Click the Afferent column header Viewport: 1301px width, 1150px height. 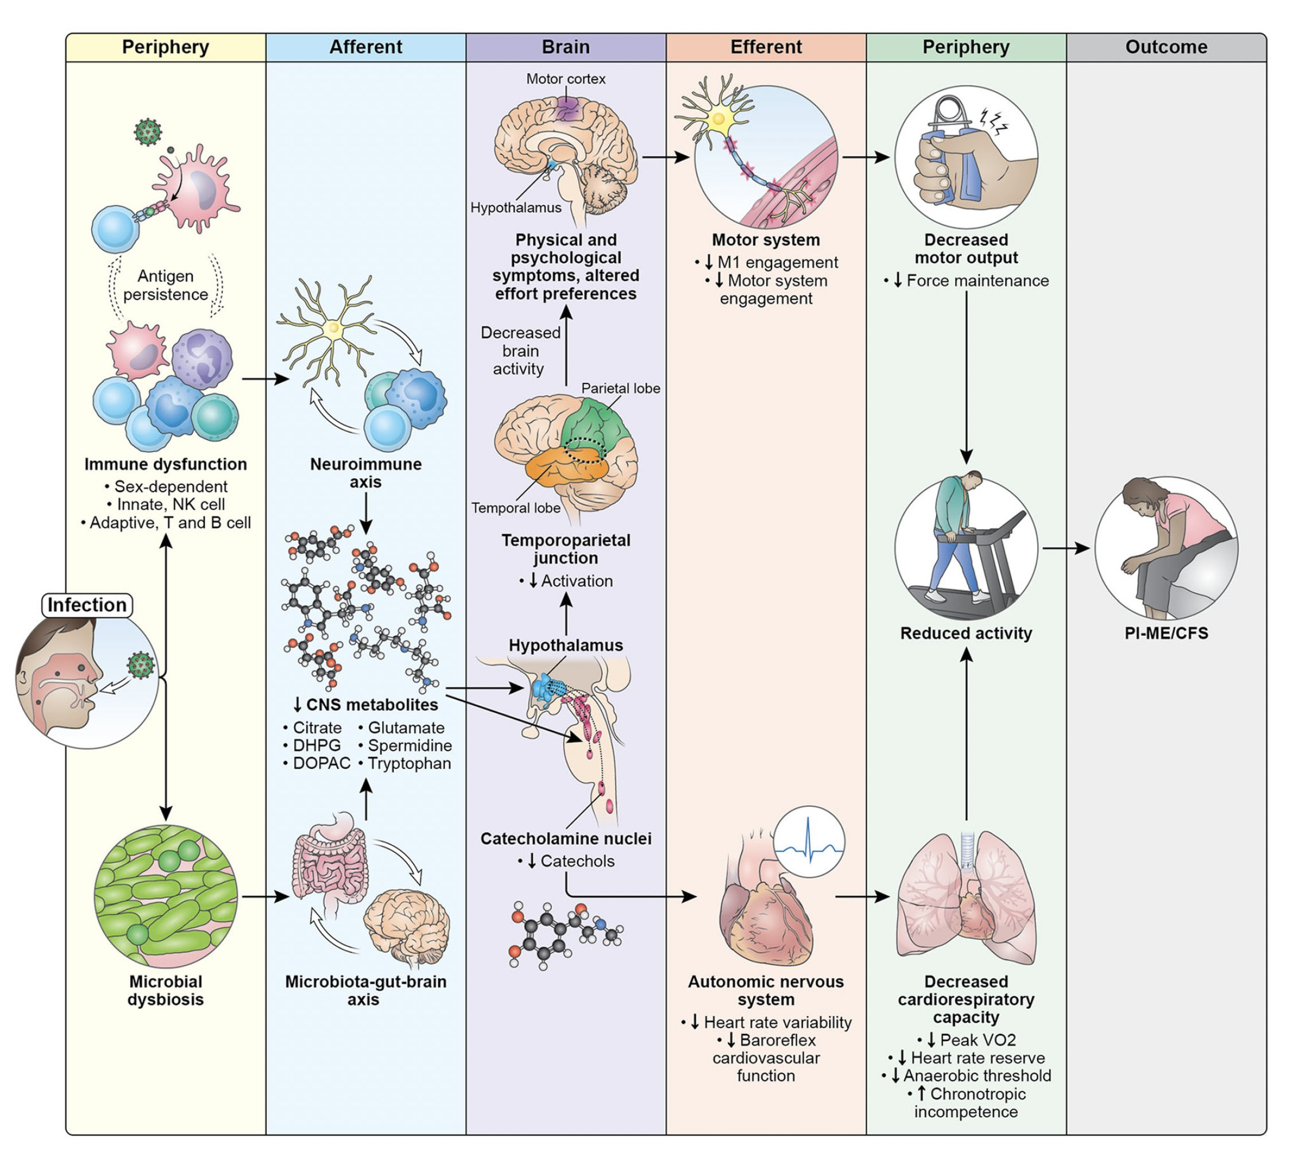pos(365,47)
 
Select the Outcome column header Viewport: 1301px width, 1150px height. pos(1166,47)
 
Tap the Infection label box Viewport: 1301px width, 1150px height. pos(87,605)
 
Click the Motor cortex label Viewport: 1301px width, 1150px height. pos(565,79)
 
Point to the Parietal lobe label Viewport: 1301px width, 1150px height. pos(620,388)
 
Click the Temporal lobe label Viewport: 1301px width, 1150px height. pos(516,508)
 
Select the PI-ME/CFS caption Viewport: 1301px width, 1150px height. pos(1166,633)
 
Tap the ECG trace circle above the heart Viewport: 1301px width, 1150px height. pos(809,842)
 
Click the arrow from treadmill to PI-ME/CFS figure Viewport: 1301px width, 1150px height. pos(1066,547)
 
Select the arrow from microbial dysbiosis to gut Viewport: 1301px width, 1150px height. pos(266,896)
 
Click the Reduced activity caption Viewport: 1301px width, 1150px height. pos(965,633)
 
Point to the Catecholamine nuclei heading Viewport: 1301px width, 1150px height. pos(565,838)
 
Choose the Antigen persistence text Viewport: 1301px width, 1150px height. pos(165,285)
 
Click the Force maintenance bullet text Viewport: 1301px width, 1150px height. pos(977,280)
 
